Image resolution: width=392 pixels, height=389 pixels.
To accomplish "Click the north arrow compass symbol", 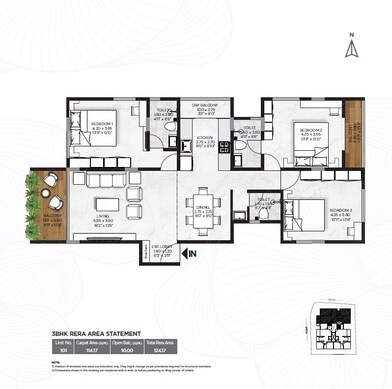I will click(x=351, y=47).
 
